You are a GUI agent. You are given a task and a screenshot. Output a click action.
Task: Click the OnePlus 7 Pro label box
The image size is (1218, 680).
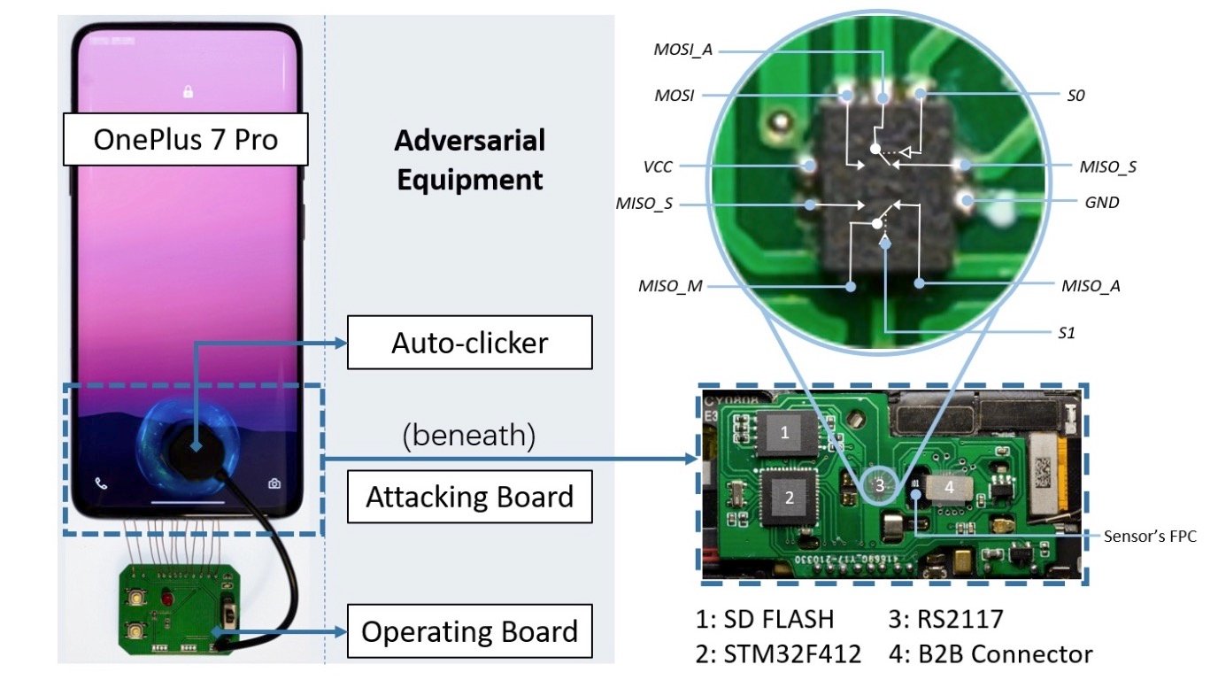(185, 139)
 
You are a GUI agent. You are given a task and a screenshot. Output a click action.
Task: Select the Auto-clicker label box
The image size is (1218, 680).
(469, 342)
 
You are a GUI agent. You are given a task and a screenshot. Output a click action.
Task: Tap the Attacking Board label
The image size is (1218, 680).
(469, 497)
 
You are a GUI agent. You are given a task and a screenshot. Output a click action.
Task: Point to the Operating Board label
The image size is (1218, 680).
(469, 632)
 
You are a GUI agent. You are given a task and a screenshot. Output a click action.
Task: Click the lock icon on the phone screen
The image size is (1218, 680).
(188, 91)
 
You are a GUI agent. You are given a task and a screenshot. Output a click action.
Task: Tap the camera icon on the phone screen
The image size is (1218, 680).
(275, 483)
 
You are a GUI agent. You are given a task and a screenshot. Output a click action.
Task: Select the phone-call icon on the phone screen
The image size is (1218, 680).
(101, 483)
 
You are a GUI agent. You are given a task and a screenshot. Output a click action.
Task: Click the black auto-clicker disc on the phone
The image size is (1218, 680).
(195, 448)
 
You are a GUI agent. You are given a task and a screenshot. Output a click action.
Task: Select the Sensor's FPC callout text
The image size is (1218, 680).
(1150, 536)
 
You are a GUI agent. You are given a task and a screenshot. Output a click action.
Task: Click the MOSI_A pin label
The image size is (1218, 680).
(682, 50)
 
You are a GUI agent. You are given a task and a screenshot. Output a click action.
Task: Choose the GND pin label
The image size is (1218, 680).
(1101, 202)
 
